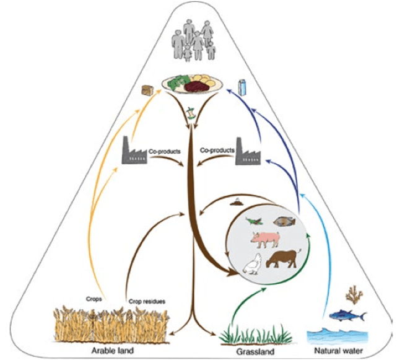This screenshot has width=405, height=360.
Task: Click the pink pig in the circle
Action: click(x=265, y=237)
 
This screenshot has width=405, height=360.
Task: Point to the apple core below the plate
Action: click(x=191, y=111)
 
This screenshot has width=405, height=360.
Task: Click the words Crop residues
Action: click(x=147, y=302)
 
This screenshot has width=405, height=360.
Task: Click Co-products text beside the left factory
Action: click(x=163, y=150)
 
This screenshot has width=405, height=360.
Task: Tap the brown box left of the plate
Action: click(x=148, y=89)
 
